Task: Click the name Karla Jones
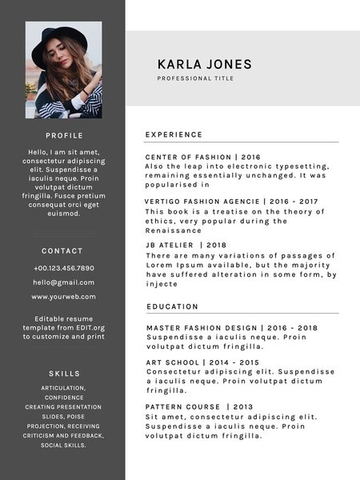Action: (x=204, y=65)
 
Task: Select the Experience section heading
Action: (x=174, y=134)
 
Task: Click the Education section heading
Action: (x=172, y=306)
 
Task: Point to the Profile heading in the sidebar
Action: (x=63, y=136)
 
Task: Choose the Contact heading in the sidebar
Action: (x=62, y=251)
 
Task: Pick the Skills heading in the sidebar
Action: (x=63, y=374)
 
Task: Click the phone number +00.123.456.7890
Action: (x=63, y=268)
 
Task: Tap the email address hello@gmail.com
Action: (x=63, y=282)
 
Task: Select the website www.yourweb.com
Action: (x=63, y=297)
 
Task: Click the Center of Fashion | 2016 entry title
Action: (x=203, y=157)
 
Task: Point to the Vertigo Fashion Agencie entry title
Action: (x=231, y=202)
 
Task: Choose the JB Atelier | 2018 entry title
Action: (x=186, y=245)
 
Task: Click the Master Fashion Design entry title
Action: (x=232, y=328)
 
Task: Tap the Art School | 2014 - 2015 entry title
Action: (x=203, y=362)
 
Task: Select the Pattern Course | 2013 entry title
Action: (x=199, y=407)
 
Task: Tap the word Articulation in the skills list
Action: (x=63, y=388)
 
